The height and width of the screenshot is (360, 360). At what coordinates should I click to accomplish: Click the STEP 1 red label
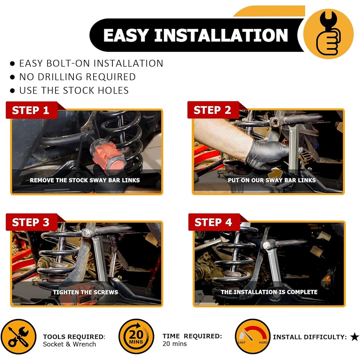pos(31,110)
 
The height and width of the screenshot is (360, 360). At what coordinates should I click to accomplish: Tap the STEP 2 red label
pos(213,110)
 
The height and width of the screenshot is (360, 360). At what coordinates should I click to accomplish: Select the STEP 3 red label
pos(31,222)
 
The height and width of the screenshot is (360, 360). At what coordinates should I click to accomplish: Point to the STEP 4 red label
pos(214,222)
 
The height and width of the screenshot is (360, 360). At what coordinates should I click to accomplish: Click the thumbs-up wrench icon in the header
pos(328,34)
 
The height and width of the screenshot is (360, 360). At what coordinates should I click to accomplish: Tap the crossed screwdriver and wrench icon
pos(19,337)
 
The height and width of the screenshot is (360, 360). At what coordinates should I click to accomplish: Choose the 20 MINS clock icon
pos(136,336)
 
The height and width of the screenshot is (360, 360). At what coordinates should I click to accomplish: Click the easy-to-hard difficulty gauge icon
pos(253,336)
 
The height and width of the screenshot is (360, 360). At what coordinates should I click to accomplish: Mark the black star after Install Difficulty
pos(355,337)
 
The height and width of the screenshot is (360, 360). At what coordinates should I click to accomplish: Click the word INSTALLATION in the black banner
pos(221,35)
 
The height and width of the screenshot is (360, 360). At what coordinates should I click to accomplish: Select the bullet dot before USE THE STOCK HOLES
pos(12,90)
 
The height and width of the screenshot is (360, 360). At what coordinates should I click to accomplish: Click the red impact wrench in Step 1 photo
pos(108,156)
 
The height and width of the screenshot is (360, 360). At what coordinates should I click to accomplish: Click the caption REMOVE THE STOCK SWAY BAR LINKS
pos(85,180)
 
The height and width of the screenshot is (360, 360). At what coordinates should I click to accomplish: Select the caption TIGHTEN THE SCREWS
pos(85,292)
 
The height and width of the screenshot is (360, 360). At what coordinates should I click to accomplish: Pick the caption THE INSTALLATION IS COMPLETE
pos(269,292)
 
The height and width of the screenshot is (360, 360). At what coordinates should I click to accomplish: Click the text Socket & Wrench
pos(69,344)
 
